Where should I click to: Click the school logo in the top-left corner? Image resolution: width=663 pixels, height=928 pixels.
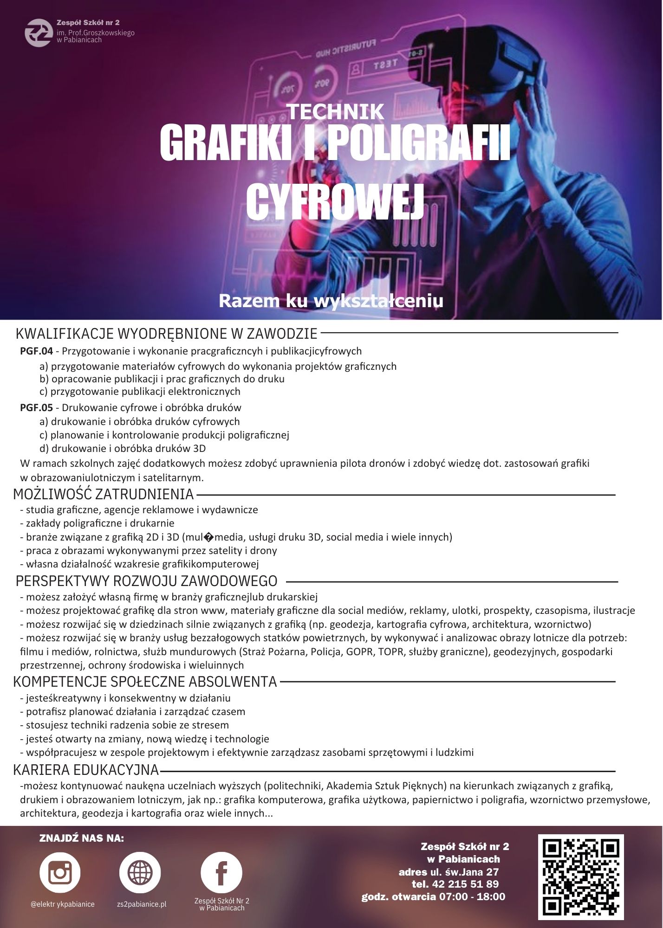(39, 32)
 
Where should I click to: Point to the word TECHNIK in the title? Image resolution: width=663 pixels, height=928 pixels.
(335, 112)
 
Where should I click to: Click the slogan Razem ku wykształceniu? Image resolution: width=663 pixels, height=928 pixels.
(331, 301)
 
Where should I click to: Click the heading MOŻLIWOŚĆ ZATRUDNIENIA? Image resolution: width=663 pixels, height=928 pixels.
(103, 494)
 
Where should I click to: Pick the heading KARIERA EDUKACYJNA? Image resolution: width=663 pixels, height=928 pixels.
(86, 770)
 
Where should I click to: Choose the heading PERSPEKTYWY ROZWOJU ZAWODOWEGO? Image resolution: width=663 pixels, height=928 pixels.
(146, 581)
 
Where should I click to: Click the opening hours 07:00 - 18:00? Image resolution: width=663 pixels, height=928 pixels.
(472, 896)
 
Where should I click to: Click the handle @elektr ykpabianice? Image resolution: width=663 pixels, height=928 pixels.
(62, 904)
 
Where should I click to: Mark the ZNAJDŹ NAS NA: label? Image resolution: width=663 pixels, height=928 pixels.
(82, 838)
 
